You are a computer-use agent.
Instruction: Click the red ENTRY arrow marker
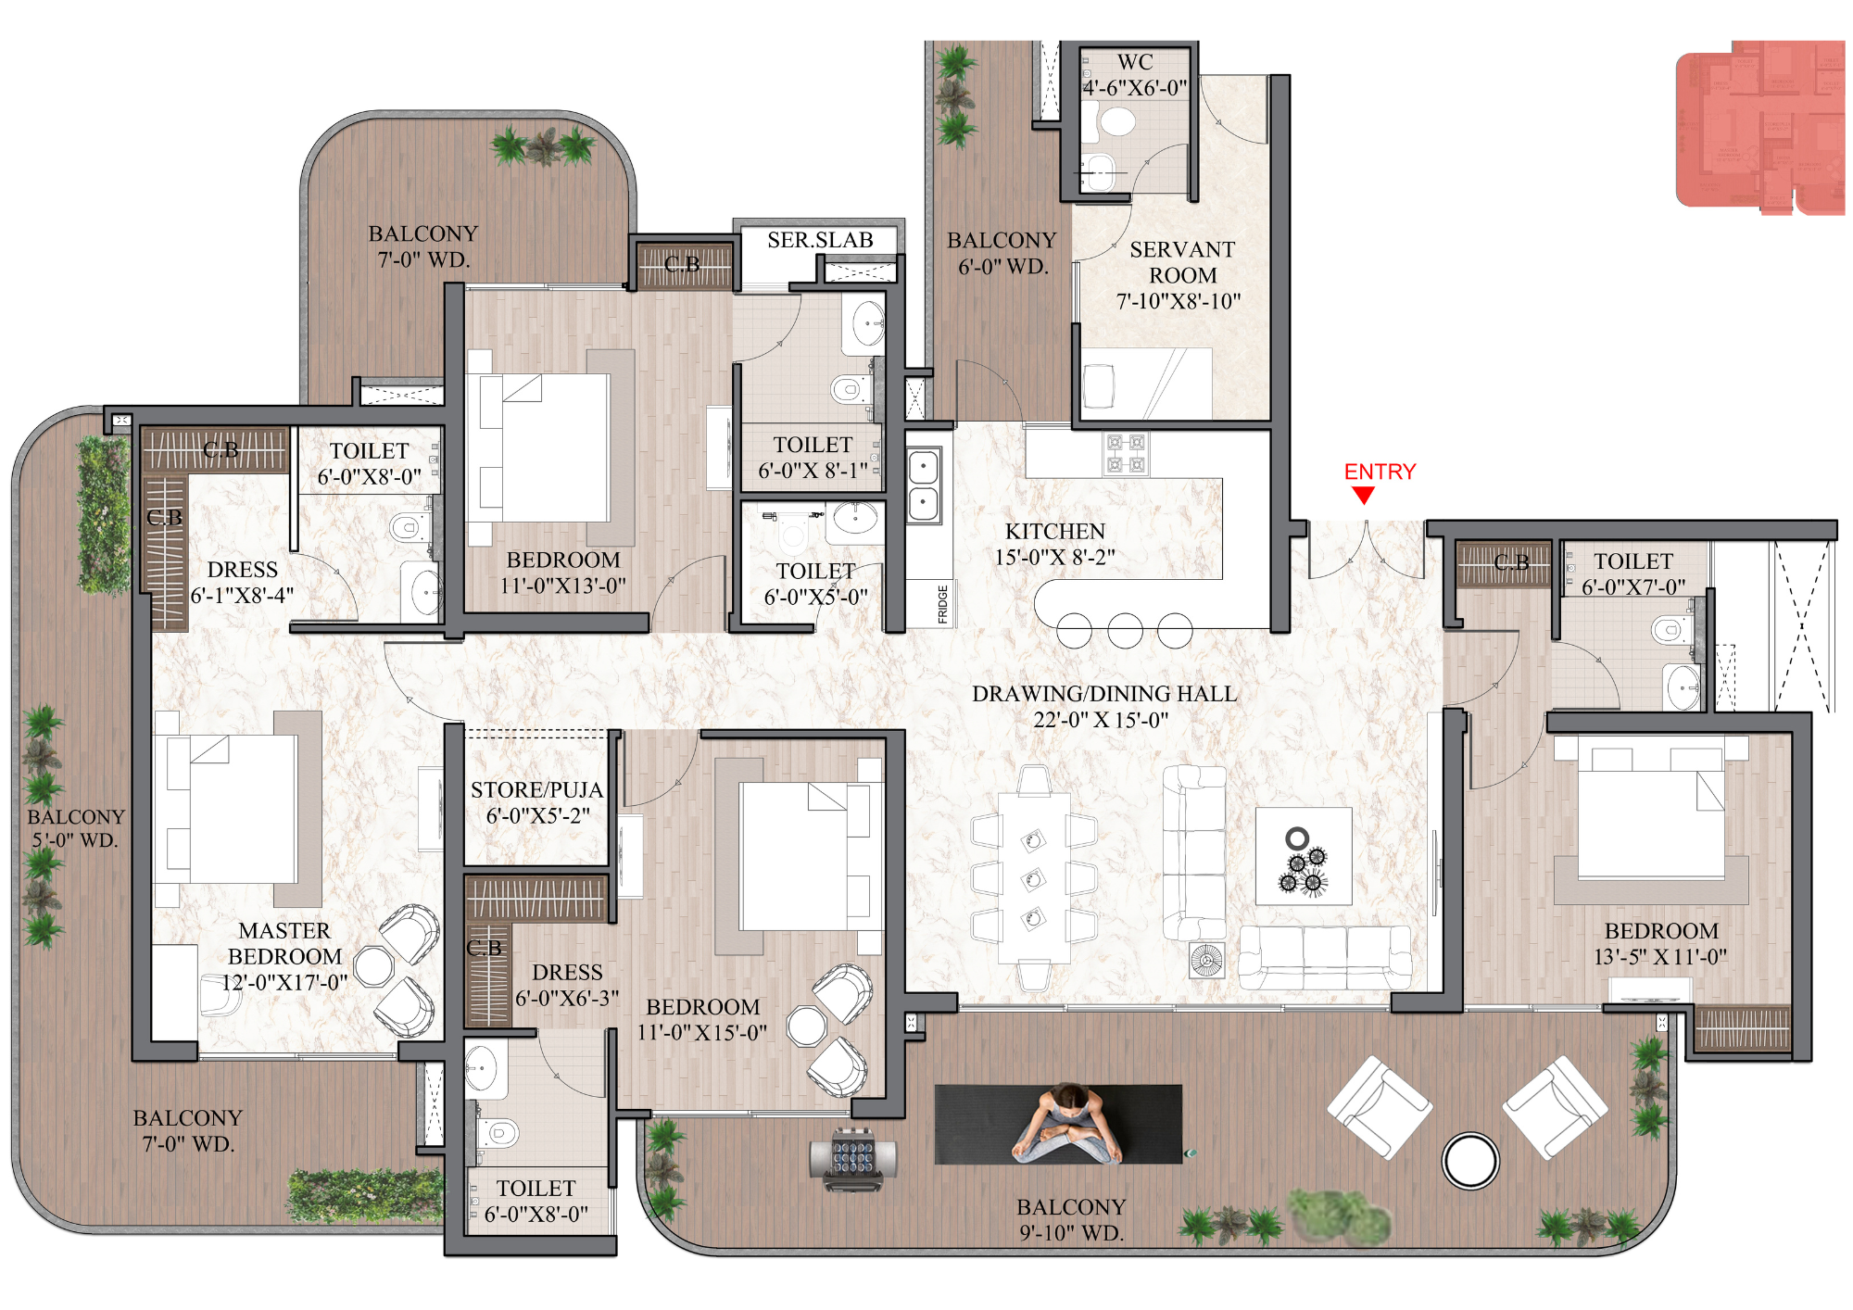click(x=1363, y=496)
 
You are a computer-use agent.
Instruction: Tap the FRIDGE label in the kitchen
click(x=943, y=604)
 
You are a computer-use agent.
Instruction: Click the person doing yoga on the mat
click(x=1067, y=1124)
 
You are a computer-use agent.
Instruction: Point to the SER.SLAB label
click(x=820, y=240)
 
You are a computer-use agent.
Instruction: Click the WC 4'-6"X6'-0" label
click(x=1135, y=75)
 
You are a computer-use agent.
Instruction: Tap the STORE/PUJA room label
click(x=536, y=802)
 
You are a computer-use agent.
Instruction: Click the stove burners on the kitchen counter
click(x=1126, y=454)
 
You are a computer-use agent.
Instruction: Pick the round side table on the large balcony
click(x=1469, y=1160)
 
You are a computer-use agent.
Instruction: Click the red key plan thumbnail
click(x=1759, y=126)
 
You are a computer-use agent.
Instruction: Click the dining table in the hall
click(x=1034, y=875)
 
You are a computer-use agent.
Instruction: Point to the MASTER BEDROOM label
click(x=284, y=955)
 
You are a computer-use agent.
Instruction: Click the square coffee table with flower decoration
click(x=1303, y=856)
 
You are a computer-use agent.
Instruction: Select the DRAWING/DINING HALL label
click(x=1103, y=706)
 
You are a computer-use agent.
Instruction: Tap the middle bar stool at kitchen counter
click(x=1125, y=631)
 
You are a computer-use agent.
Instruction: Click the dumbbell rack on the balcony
click(x=853, y=1157)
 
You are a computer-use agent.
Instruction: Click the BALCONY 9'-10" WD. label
click(x=1071, y=1219)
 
